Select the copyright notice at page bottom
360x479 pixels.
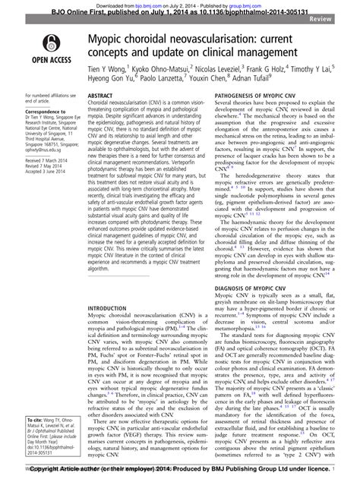(180, 472)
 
